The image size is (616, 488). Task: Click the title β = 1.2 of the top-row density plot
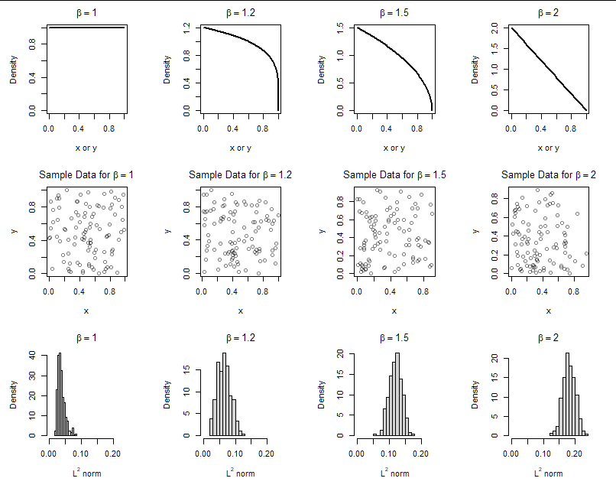(240, 13)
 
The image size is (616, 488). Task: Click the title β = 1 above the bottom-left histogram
(86, 337)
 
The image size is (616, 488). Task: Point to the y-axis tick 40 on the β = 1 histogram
(32, 356)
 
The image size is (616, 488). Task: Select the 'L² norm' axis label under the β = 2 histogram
(548, 473)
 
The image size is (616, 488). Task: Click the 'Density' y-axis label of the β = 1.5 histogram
(322, 395)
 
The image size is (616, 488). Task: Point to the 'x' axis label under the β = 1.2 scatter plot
(240, 311)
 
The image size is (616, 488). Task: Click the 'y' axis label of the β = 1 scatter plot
(15, 229)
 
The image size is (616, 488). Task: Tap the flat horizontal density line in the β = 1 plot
(86, 28)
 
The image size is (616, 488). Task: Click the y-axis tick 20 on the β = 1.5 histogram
(340, 356)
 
